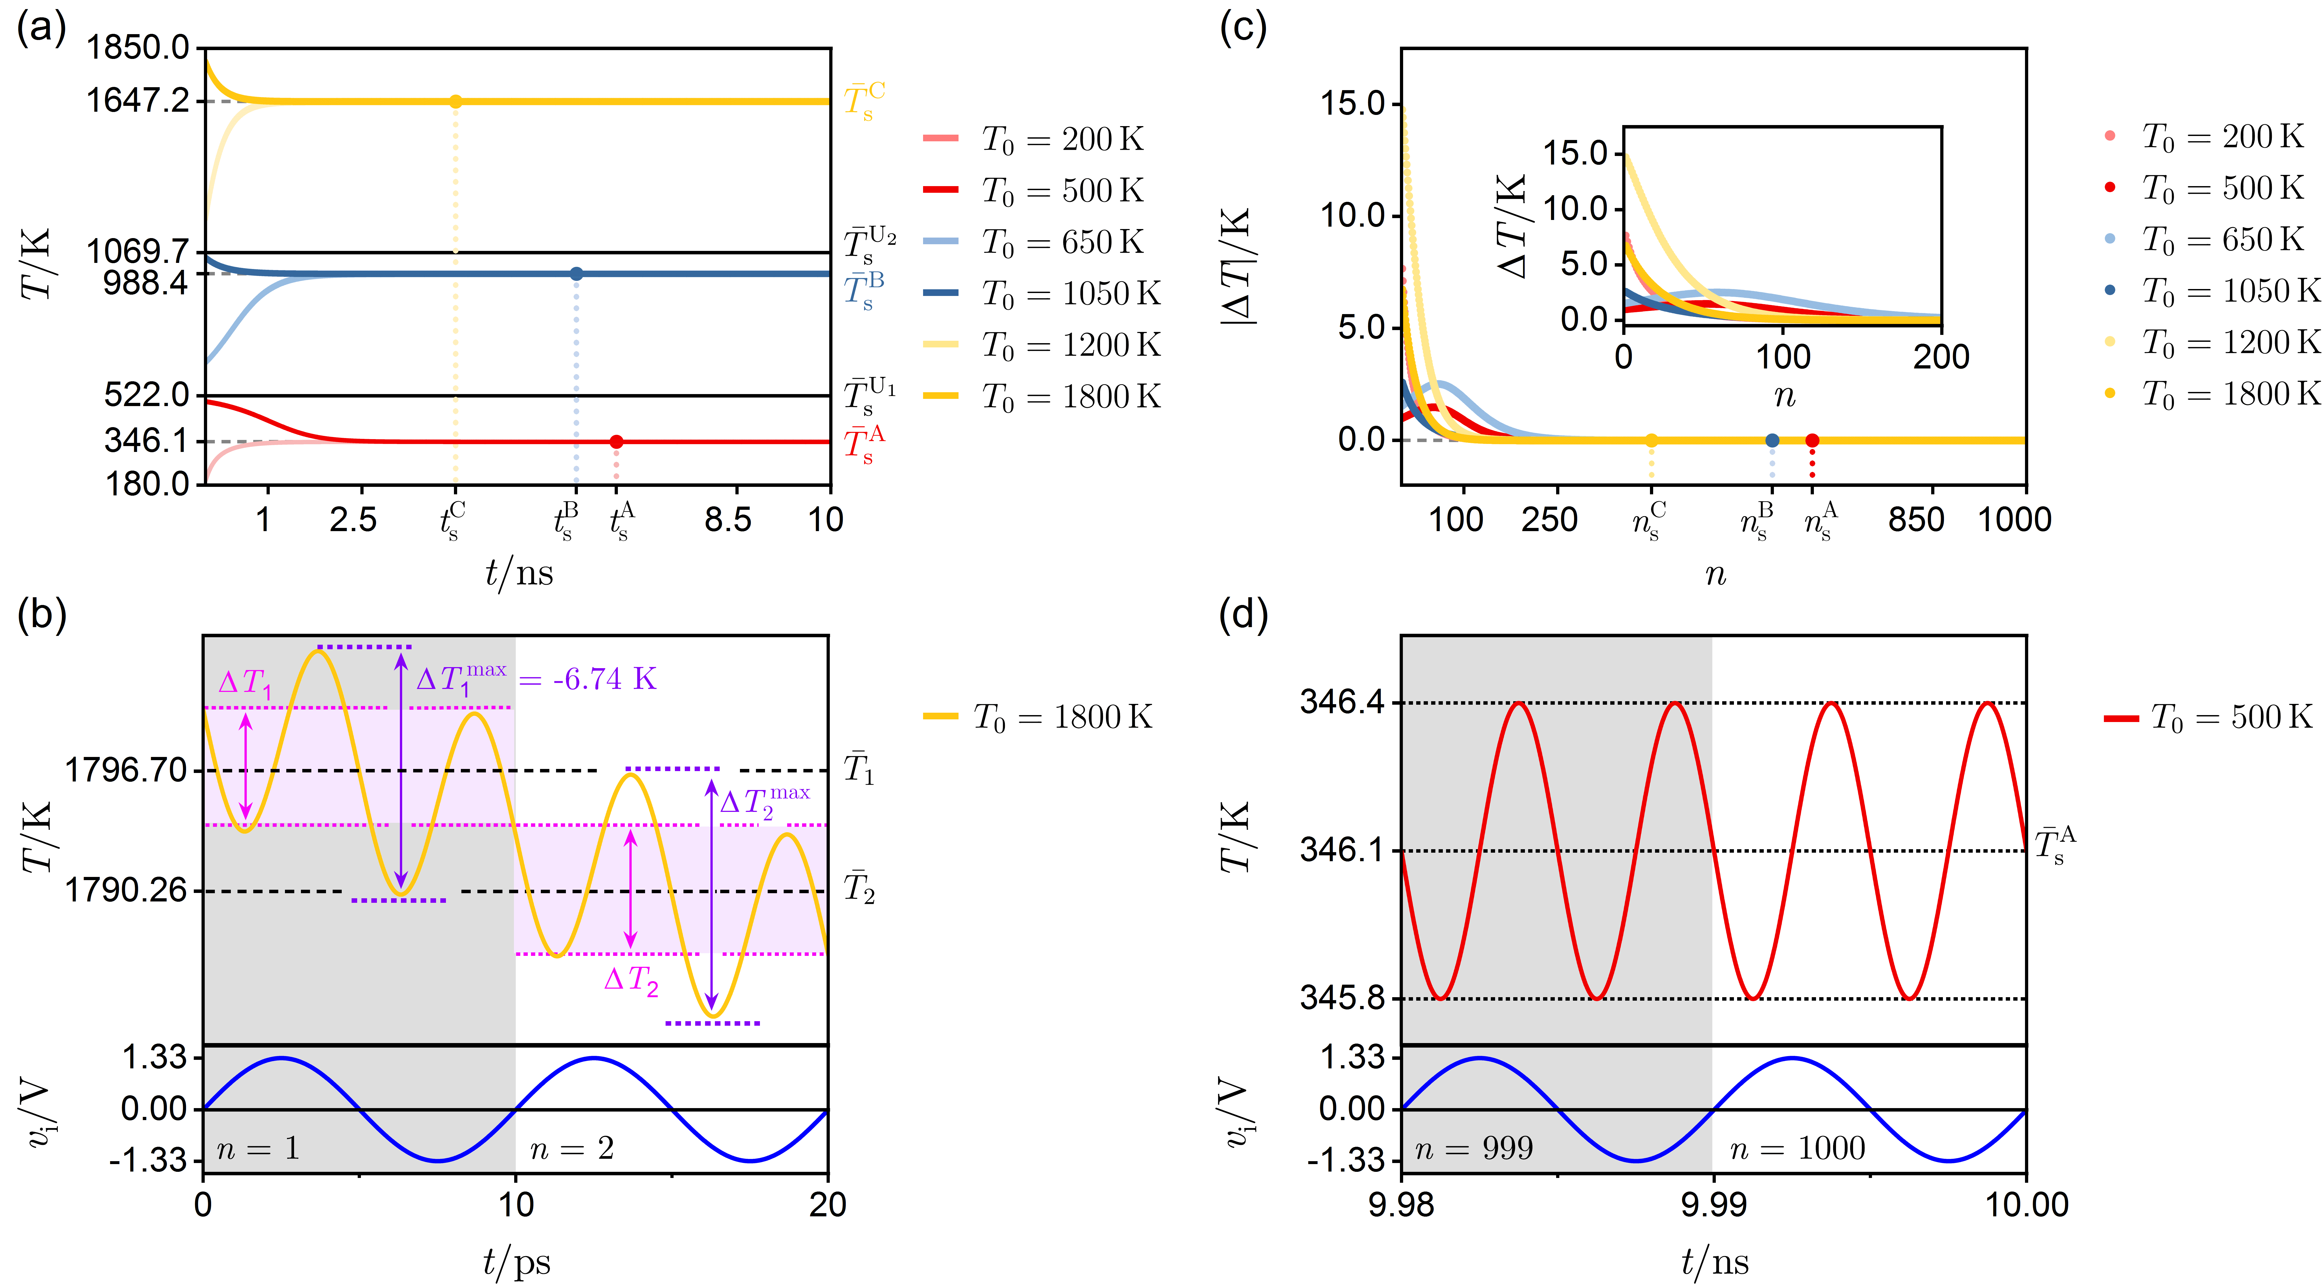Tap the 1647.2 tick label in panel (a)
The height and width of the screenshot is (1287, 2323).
click(138, 100)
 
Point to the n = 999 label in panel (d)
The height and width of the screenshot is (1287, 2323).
click(1473, 1148)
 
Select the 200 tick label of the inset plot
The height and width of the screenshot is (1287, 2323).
click(1941, 357)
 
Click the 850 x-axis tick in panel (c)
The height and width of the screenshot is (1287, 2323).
click(1915, 519)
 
